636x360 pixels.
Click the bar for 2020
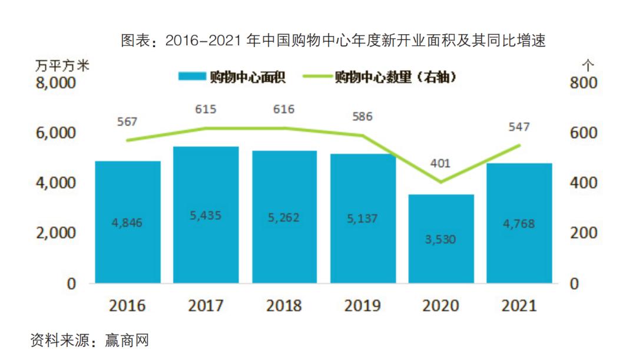tap(441, 239)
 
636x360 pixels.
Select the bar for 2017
tap(206, 214)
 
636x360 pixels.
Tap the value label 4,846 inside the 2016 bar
tap(127, 223)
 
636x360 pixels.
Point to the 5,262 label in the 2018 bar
tap(283, 217)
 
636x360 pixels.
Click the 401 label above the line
tap(440, 163)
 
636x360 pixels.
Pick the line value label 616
tap(284, 109)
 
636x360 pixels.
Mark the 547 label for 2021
tap(519, 127)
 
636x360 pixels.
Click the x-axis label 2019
tap(362, 305)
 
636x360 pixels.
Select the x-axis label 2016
tap(127, 305)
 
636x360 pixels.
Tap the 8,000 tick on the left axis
tap(56, 83)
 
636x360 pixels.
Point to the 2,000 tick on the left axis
tap(56, 233)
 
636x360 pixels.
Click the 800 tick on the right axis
tap(583, 83)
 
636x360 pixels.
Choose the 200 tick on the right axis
tap(583, 233)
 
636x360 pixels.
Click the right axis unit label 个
tap(587, 64)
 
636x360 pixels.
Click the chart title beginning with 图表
tap(333, 41)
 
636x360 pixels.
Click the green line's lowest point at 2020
tap(440, 181)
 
